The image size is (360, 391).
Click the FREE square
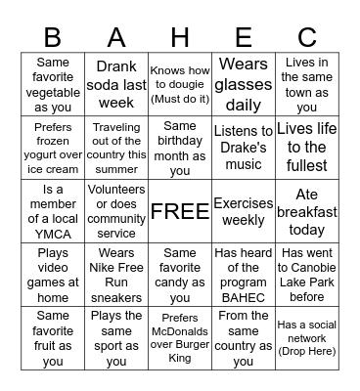180,211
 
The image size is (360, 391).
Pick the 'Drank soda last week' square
116,83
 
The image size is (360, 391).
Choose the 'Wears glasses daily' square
244,83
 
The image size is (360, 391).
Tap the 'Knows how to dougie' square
180,83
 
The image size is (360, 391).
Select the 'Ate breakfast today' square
307,211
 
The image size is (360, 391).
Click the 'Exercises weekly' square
244,211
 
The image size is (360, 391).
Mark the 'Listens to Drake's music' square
244,148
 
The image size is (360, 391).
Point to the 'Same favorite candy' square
180,275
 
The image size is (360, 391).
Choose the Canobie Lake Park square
307,275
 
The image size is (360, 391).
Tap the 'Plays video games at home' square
53,275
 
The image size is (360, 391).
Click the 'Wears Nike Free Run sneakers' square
116,275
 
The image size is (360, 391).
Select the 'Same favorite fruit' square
53,338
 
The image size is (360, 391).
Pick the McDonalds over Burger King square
180,338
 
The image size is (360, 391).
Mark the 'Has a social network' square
307,338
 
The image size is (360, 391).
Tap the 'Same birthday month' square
180,148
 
